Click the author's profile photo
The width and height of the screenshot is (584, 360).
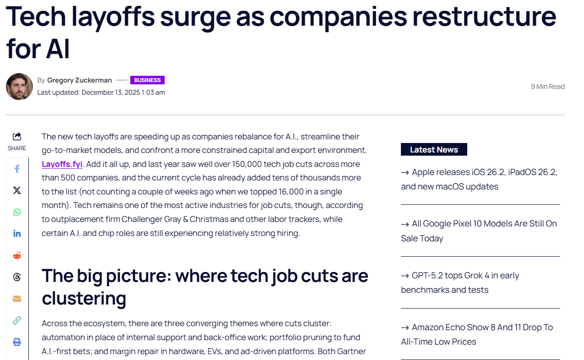click(19, 87)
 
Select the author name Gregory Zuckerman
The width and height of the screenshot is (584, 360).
click(79, 80)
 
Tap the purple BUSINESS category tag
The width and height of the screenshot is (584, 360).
click(147, 80)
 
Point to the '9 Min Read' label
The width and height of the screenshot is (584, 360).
click(547, 87)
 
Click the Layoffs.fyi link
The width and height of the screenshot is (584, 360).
click(62, 164)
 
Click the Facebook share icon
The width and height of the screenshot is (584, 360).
click(17, 169)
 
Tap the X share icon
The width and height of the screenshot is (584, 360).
click(17, 190)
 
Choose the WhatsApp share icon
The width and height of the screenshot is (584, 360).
click(17, 212)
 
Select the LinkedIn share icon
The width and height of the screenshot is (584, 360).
click(17, 234)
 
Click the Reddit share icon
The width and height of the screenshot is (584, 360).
click(17, 255)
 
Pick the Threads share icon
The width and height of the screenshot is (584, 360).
click(17, 277)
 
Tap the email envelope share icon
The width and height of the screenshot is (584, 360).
click(17, 299)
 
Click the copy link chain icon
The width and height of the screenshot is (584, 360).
click(17, 320)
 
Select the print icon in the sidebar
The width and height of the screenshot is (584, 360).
click(17, 342)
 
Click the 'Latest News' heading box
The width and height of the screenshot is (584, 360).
click(434, 150)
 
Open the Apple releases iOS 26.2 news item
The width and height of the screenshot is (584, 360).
click(479, 180)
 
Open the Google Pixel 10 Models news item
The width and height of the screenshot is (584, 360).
click(479, 231)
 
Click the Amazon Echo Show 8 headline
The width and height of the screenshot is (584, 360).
click(477, 334)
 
